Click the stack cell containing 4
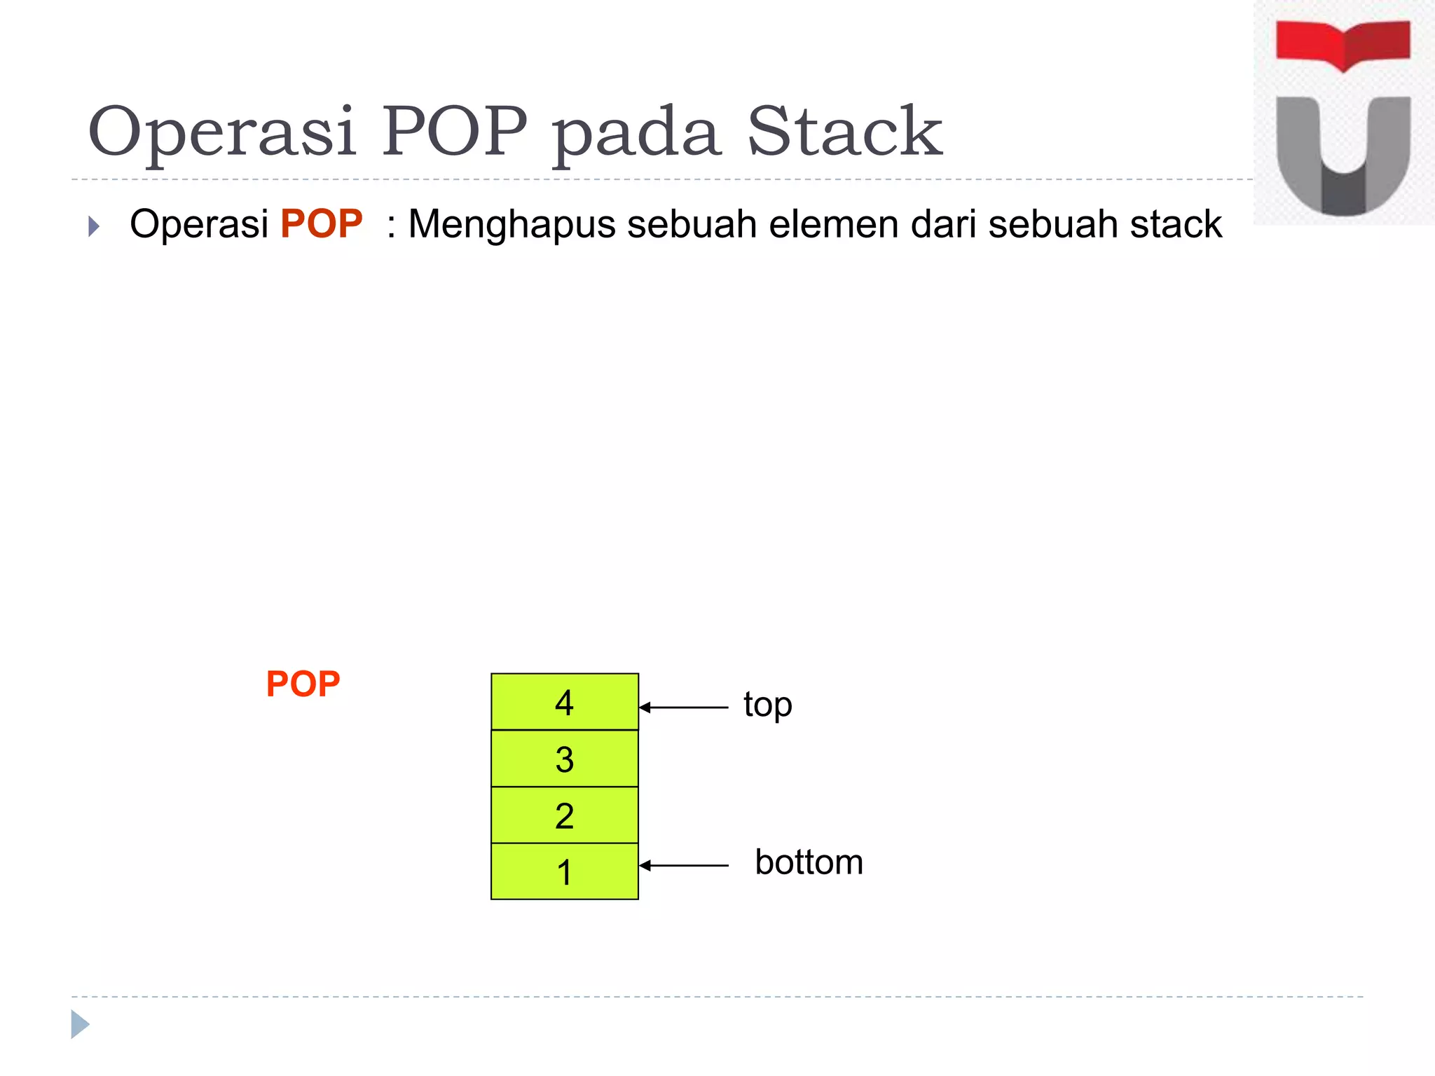565,702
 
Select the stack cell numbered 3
565,759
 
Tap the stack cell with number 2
565,815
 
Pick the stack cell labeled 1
565,871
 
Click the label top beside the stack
768,705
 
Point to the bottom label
809,862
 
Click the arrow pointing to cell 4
684,708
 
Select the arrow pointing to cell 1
684,866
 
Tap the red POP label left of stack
303,684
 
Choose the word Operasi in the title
221,133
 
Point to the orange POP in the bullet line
322,224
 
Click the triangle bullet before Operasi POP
94,226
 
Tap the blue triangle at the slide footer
80,1024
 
